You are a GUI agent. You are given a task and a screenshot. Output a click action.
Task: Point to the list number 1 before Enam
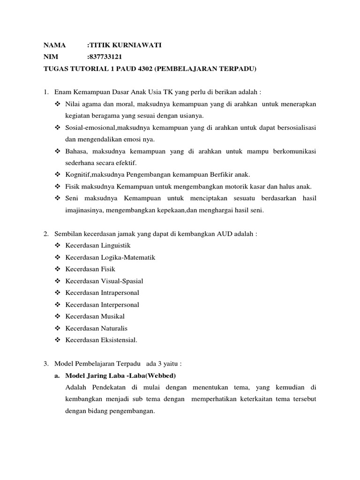click(46, 92)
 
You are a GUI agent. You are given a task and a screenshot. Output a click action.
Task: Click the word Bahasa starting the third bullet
click(76, 151)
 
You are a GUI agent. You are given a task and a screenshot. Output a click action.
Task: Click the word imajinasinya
click(84, 210)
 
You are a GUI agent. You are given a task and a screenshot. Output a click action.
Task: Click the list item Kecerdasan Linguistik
click(98, 245)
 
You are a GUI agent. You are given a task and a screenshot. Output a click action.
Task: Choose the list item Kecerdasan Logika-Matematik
click(110, 257)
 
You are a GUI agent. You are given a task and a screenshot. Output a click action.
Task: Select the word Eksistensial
click(119, 340)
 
